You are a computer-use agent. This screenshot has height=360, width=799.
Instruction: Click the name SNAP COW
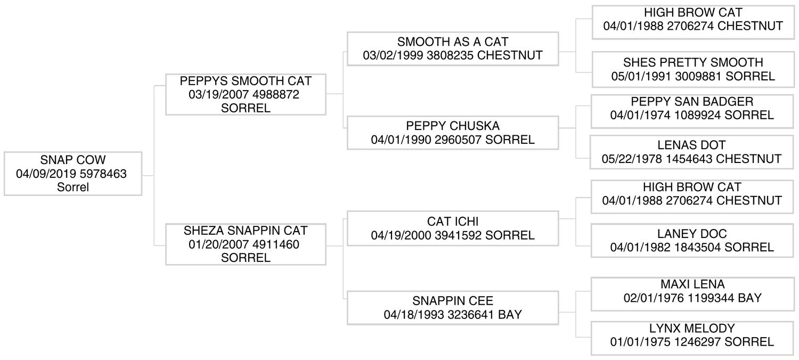point(73,160)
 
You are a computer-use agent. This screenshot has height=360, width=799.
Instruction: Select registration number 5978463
point(103,174)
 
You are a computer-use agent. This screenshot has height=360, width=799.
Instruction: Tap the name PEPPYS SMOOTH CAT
point(246,81)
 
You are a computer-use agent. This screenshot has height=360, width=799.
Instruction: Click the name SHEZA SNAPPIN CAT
point(246,231)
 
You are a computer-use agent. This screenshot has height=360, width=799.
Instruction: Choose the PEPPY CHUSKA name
point(453,126)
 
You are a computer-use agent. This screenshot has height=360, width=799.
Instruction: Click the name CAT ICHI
point(453,222)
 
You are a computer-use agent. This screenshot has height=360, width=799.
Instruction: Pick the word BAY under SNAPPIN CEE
point(510,315)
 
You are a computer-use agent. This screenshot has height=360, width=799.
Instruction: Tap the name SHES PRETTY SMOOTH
point(693,62)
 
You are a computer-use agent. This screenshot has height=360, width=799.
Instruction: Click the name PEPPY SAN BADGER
point(692,102)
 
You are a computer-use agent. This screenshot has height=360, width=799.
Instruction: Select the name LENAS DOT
point(691,145)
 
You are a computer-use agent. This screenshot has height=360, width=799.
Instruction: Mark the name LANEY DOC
point(692,234)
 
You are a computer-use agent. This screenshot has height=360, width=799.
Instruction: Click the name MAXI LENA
point(692,284)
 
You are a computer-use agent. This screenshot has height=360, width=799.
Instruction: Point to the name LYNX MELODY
point(692,328)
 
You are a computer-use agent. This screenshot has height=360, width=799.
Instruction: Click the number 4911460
point(276,244)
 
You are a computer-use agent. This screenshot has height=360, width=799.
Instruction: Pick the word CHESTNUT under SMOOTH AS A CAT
point(510,55)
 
